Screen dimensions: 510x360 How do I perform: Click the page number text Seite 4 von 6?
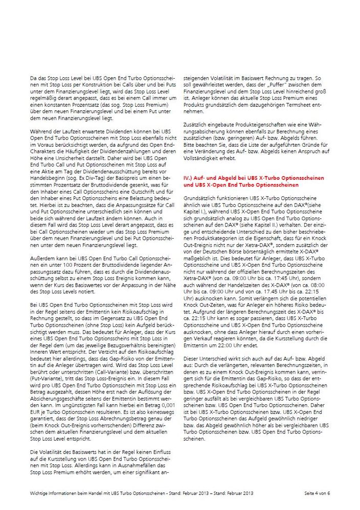point(317,493)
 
